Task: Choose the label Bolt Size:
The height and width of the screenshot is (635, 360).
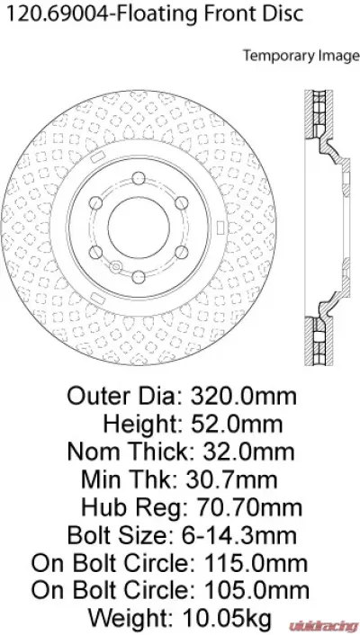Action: [x=118, y=536]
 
